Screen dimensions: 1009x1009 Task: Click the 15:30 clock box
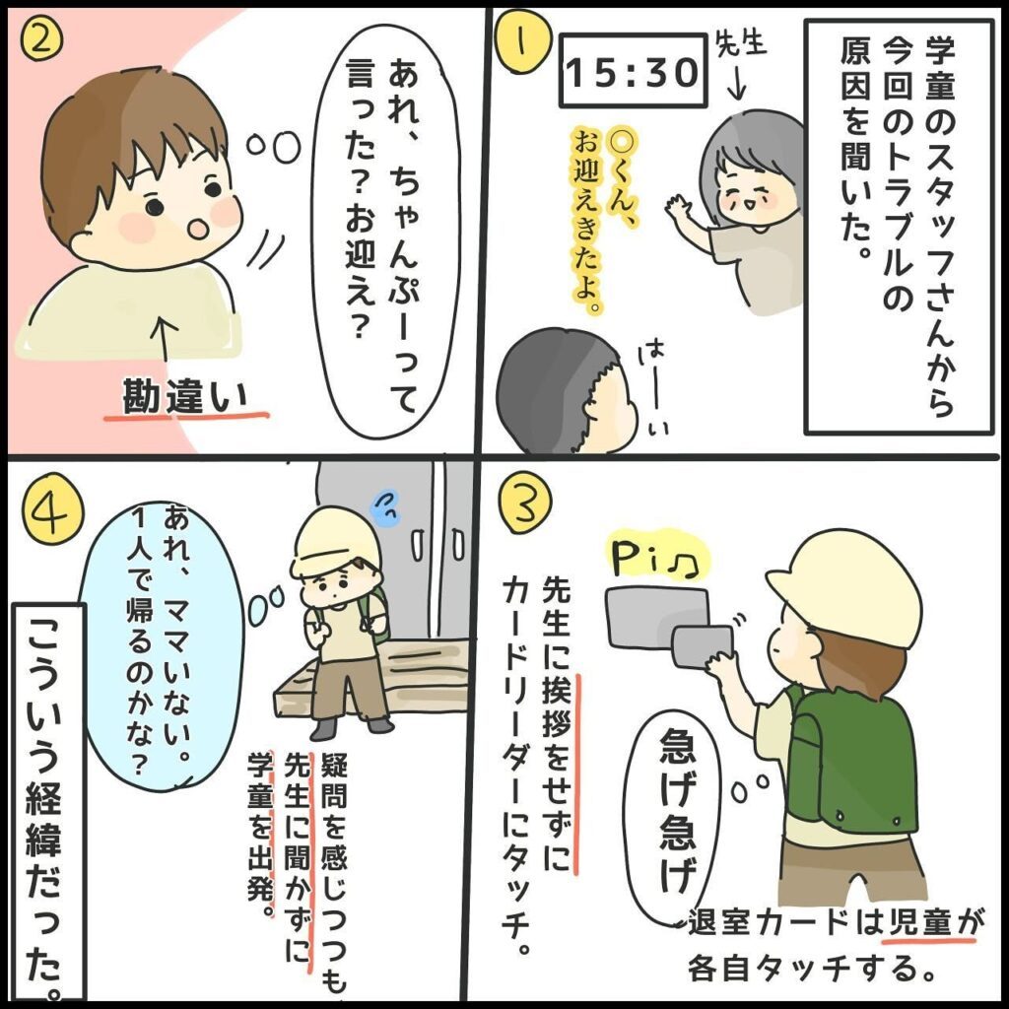click(x=634, y=73)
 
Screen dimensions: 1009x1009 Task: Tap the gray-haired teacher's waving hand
click(x=679, y=210)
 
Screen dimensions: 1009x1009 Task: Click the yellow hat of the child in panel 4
click(x=335, y=542)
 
